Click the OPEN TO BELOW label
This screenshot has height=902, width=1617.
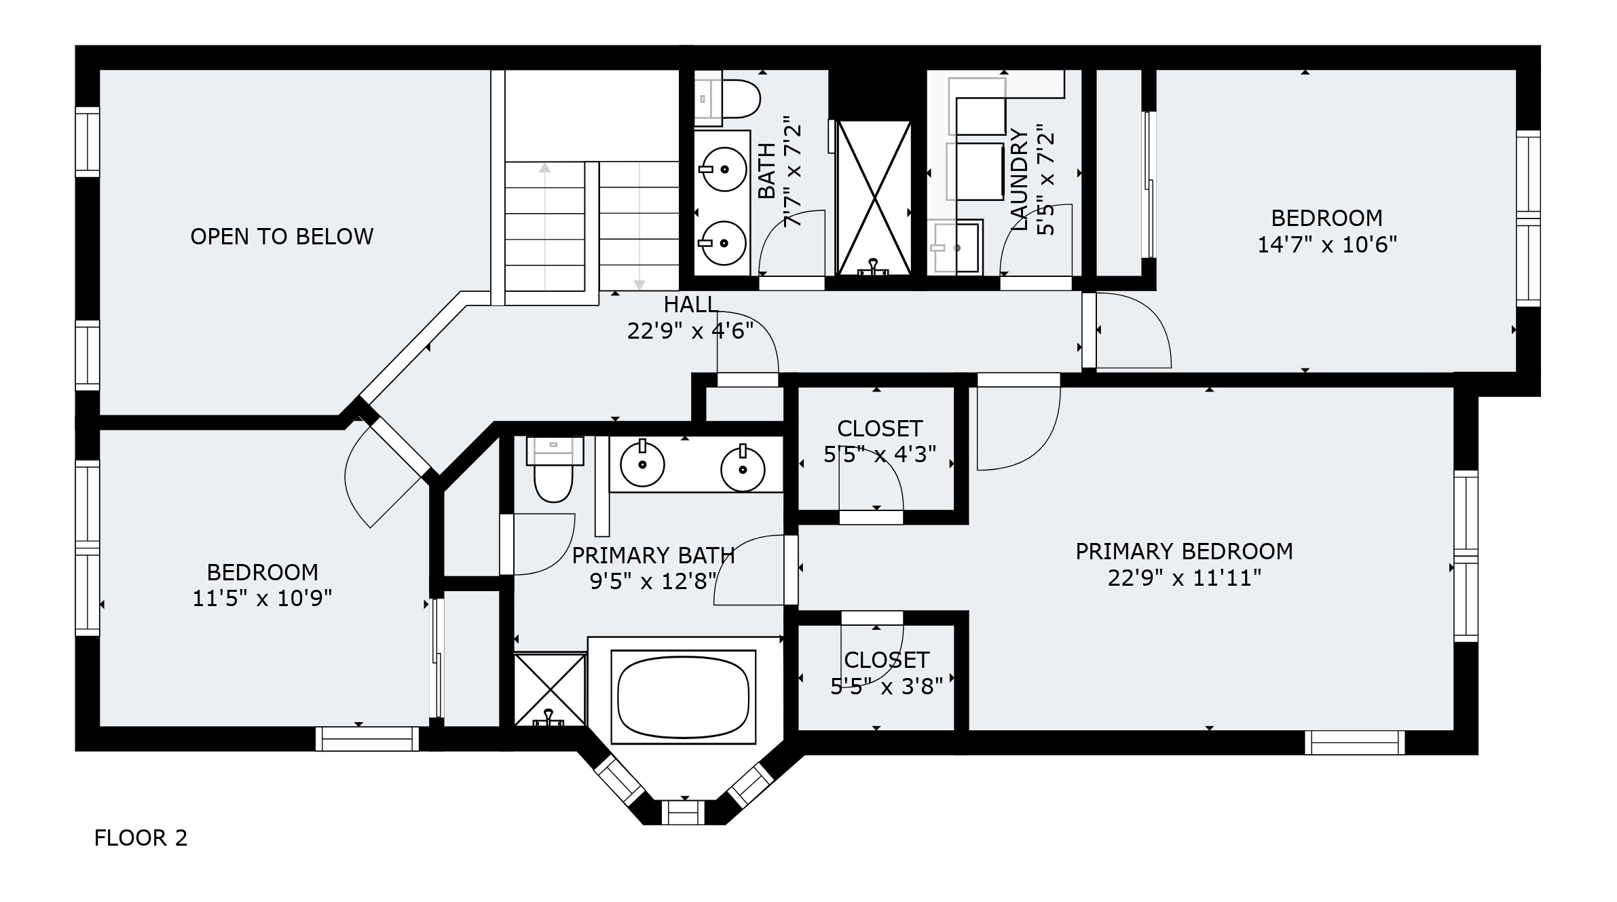(x=282, y=236)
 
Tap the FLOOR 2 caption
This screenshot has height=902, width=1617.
(x=141, y=838)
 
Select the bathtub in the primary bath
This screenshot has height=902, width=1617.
(x=684, y=697)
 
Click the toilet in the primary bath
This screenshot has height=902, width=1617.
(x=554, y=469)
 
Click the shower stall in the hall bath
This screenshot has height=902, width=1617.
(x=874, y=198)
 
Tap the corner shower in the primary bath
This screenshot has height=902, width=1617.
(x=550, y=690)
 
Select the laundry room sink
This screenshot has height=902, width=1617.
(x=956, y=247)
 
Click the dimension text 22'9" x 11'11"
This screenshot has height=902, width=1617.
(x=1185, y=578)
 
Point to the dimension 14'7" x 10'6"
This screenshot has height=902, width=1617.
(x=1327, y=244)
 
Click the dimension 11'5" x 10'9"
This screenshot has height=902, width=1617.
(x=262, y=599)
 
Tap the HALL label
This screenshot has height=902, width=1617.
(x=690, y=305)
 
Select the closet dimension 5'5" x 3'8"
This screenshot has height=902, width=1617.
(x=887, y=687)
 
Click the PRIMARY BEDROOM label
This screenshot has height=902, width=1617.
(x=1185, y=551)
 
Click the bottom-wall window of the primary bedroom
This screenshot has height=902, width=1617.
(x=1354, y=743)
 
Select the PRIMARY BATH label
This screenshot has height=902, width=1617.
(x=653, y=556)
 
